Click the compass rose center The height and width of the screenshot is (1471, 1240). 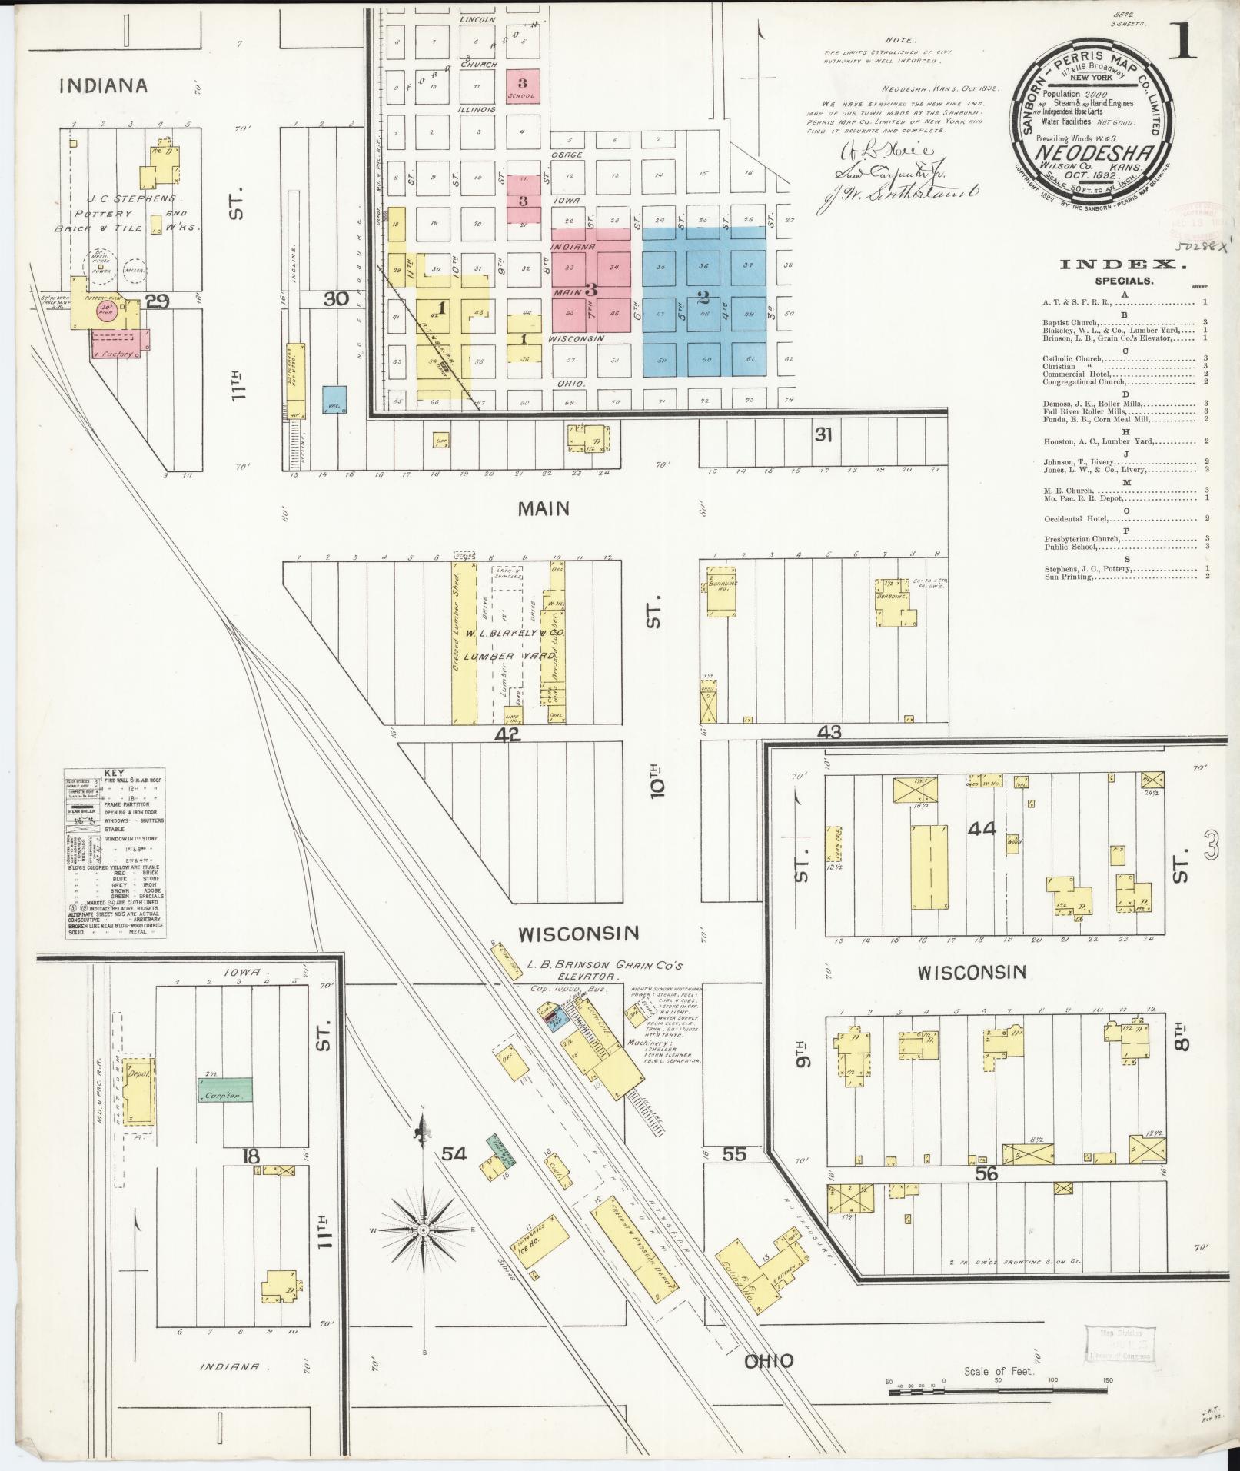point(424,1230)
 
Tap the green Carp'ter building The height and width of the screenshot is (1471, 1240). point(224,1090)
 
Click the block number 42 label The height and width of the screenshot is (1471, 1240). point(507,735)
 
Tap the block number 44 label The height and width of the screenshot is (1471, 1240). point(982,829)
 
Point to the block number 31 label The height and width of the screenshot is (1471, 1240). point(823,435)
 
